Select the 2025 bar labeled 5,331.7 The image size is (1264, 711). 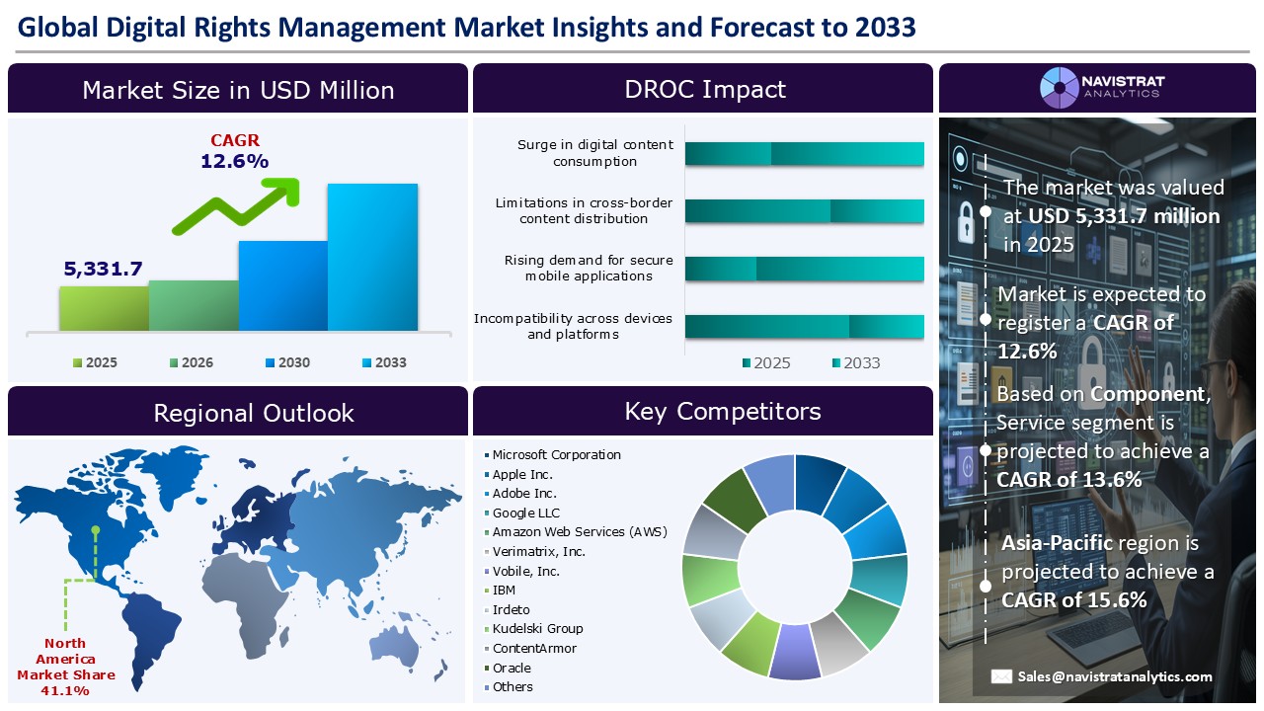click(x=104, y=308)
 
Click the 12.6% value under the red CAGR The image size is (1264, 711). click(x=234, y=161)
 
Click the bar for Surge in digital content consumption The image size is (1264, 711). click(x=804, y=153)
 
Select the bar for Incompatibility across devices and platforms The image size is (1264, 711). click(x=804, y=327)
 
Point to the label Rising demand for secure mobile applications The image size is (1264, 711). click(x=589, y=269)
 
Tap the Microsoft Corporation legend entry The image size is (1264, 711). click(x=556, y=455)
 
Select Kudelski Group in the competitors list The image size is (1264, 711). click(x=537, y=629)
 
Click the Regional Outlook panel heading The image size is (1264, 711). click(x=254, y=413)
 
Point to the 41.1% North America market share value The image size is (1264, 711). click(x=65, y=690)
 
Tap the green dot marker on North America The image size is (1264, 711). click(x=96, y=530)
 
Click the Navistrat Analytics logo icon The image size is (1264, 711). click(x=1059, y=87)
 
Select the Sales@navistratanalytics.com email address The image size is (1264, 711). click(x=1115, y=676)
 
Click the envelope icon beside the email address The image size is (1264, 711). click(x=1001, y=676)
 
